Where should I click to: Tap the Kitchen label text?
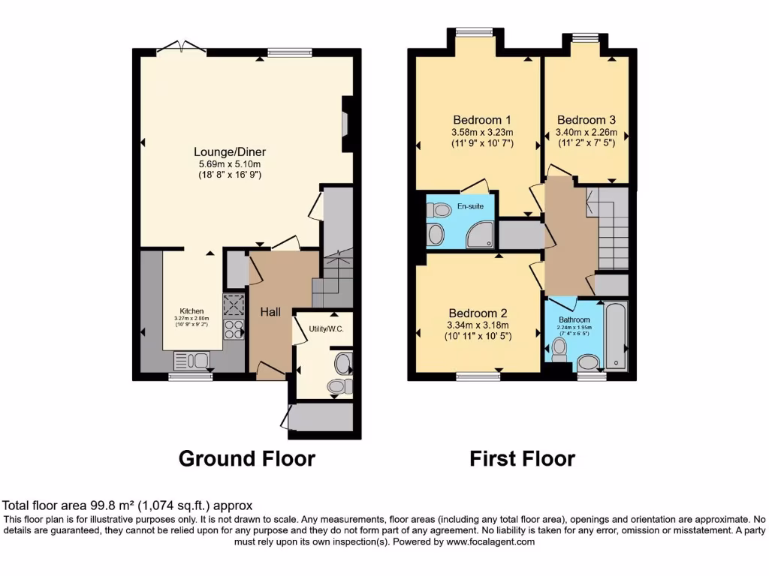click(191, 310)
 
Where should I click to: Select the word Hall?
click(270, 311)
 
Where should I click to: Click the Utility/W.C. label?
click(325, 328)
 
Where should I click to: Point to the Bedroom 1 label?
click(482, 120)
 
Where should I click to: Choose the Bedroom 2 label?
click(478, 313)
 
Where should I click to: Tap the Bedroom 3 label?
click(587, 120)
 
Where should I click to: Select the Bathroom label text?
click(574, 319)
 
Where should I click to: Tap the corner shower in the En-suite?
click(480, 235)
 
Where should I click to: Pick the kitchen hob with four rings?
click(234, 329)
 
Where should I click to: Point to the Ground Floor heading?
click(246, 458)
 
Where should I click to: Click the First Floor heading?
click(523, 458)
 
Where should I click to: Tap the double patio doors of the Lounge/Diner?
click(181, 49)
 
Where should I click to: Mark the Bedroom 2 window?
click(478, 376)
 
